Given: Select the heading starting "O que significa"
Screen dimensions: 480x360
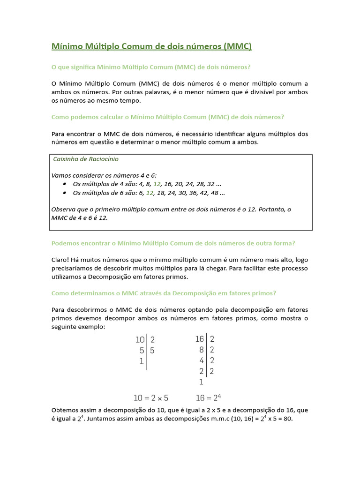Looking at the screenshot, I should (151, 67).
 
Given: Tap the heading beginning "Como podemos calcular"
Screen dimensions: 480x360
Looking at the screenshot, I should (168, 117).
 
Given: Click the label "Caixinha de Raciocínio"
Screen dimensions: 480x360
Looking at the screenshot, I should (86, 159).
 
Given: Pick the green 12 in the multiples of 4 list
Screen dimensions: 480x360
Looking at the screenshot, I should (157, 184).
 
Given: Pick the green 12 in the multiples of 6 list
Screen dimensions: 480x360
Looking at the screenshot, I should (150, 193).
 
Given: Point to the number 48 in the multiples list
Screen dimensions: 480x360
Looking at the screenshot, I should (215, 193).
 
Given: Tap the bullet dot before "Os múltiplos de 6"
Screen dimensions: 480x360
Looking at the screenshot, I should (64, 193).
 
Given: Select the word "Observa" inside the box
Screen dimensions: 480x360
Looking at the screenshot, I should (63, 210).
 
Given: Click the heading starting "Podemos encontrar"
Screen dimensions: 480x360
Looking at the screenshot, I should (173, 243).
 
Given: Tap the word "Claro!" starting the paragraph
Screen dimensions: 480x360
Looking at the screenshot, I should (61, 260).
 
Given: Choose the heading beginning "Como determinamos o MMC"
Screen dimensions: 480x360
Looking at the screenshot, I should (164, 293).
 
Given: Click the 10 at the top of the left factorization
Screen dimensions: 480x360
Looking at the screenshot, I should (140, 340).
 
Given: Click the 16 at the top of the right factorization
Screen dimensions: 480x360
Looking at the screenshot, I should (200, 339).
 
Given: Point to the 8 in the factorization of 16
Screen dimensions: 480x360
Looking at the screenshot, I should (202, 350).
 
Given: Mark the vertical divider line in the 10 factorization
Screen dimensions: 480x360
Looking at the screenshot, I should (147, 352).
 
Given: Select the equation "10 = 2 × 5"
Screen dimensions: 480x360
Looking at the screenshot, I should (151, 397).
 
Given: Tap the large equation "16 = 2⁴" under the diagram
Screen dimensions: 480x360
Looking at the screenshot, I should (208, 397).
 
